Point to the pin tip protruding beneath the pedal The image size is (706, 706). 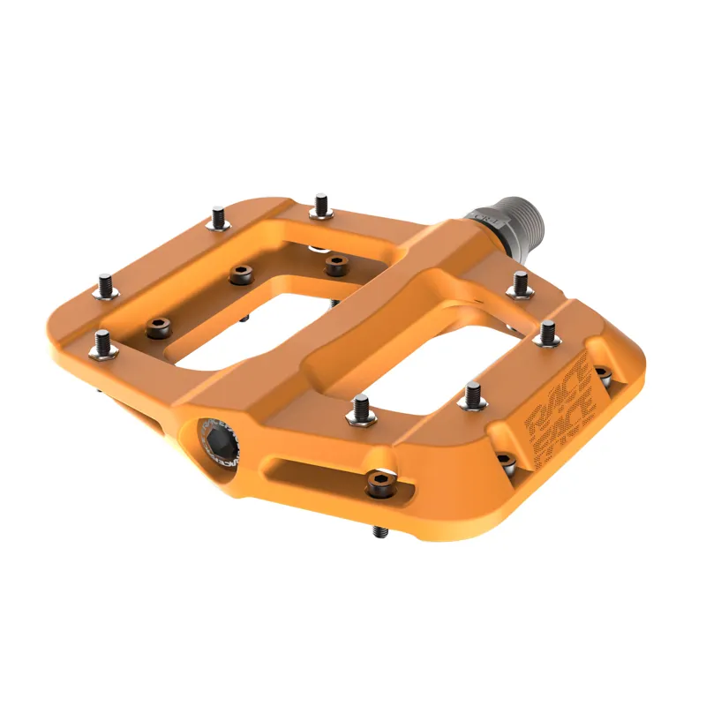coord(380,531)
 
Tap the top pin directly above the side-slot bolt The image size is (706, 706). coord(361,409)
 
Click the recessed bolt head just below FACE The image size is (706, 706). coord(504,460)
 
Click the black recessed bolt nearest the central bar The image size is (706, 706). coord(334,265)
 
